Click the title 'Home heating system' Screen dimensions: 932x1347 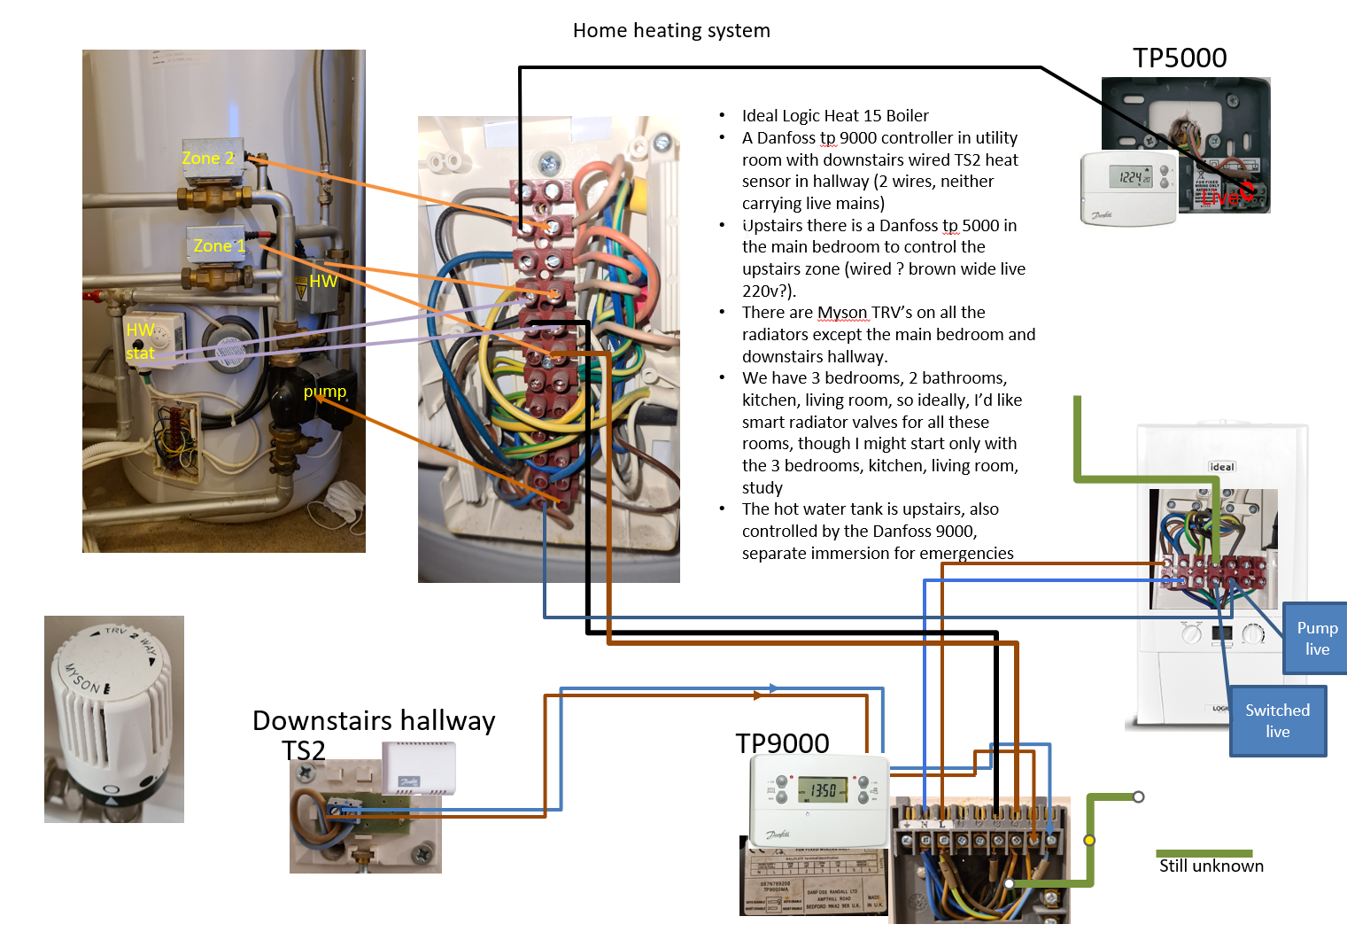click(x=671, y=31)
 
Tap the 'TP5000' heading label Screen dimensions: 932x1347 click(x=1180, y=58)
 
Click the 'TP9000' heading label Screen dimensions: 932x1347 click(x=782, y=743)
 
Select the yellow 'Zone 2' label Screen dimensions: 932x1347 click(x=208, y=159)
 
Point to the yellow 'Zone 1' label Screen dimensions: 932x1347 click(x=219, y=245)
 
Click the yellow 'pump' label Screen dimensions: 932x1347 click(x=325, y=392)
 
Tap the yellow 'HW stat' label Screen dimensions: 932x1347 click(x=140, y=341)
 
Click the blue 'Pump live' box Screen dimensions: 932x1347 click(x=1317, y=638)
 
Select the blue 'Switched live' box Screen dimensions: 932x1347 click(x=1277, y=721)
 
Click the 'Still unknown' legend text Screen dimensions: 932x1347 click(x=1211, y=866)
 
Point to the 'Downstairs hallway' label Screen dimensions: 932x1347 click(x=374, y=720)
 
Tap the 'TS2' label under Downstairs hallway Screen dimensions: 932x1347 click(x=304, y=750)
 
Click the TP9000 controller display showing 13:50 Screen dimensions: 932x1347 click(x=823, y=789)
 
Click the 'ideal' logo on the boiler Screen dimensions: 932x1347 click(x=1222, y=467)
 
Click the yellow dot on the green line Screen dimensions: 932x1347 click(x=1089, y=840)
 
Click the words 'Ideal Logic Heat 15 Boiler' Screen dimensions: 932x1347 click(x=835, y=116)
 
